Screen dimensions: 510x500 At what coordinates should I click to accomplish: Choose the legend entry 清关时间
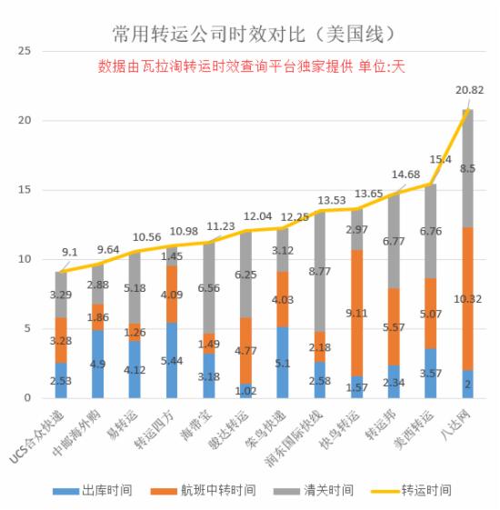pyautogui.click(x=323, y=490)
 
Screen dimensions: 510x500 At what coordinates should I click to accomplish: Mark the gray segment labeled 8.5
pyautogui.click(x=466, y=168)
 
